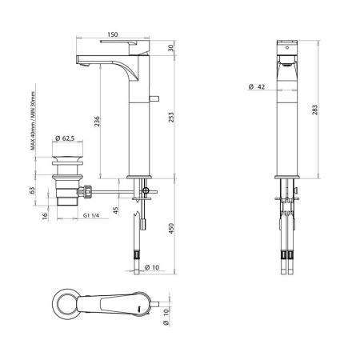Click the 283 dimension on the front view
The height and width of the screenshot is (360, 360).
coord(318,108)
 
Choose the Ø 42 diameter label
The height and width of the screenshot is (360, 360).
coord(257,87)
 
